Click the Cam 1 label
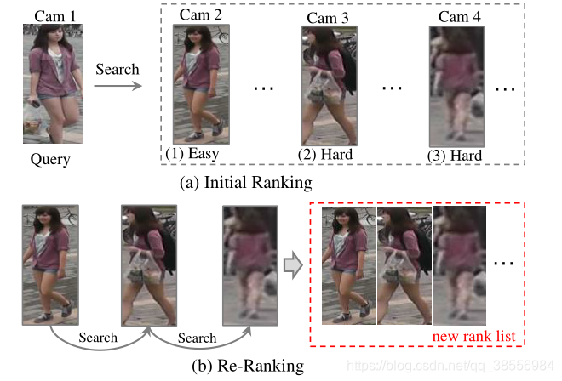coord(54,14)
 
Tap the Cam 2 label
coord(201,14)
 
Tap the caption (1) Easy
coord(192,154)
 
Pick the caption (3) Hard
coord(455,156)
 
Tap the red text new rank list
coord(474,338)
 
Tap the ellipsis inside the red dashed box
coord(504,264)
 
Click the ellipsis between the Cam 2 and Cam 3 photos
coord(263,88)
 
